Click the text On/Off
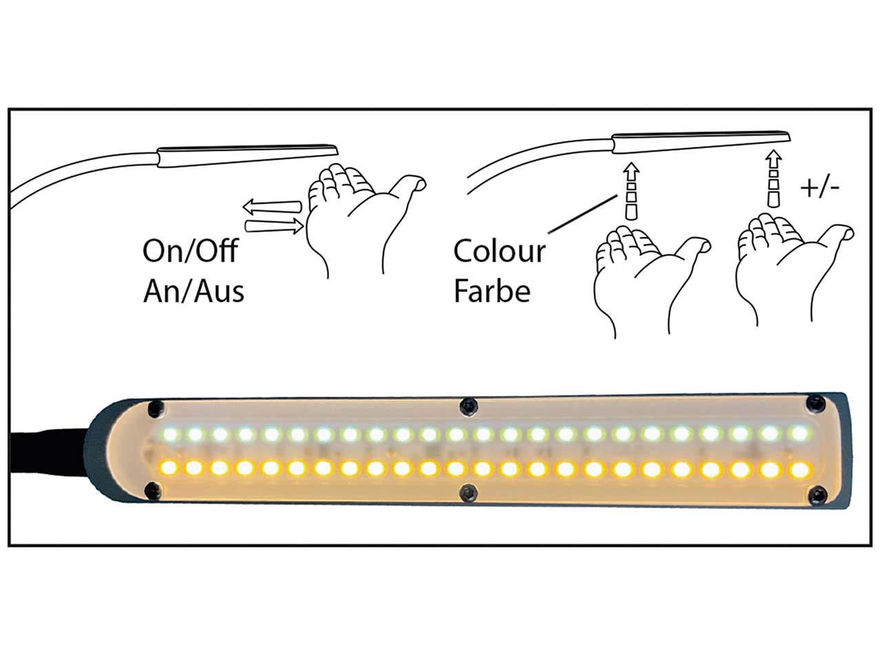click(x=189, y=251)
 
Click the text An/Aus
click(x=193, y=291)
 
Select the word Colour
click(x=499, y=251)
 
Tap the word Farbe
click(x=491, y=291)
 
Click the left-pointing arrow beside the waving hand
click(x=271, y=206)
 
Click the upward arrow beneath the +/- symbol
click(x=774, y=181)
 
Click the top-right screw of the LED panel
click(x=818, y=402)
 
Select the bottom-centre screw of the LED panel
click(x=469, y=492)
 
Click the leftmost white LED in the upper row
click(x=169, y=434)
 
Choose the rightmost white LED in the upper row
click(x=798, y=434)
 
